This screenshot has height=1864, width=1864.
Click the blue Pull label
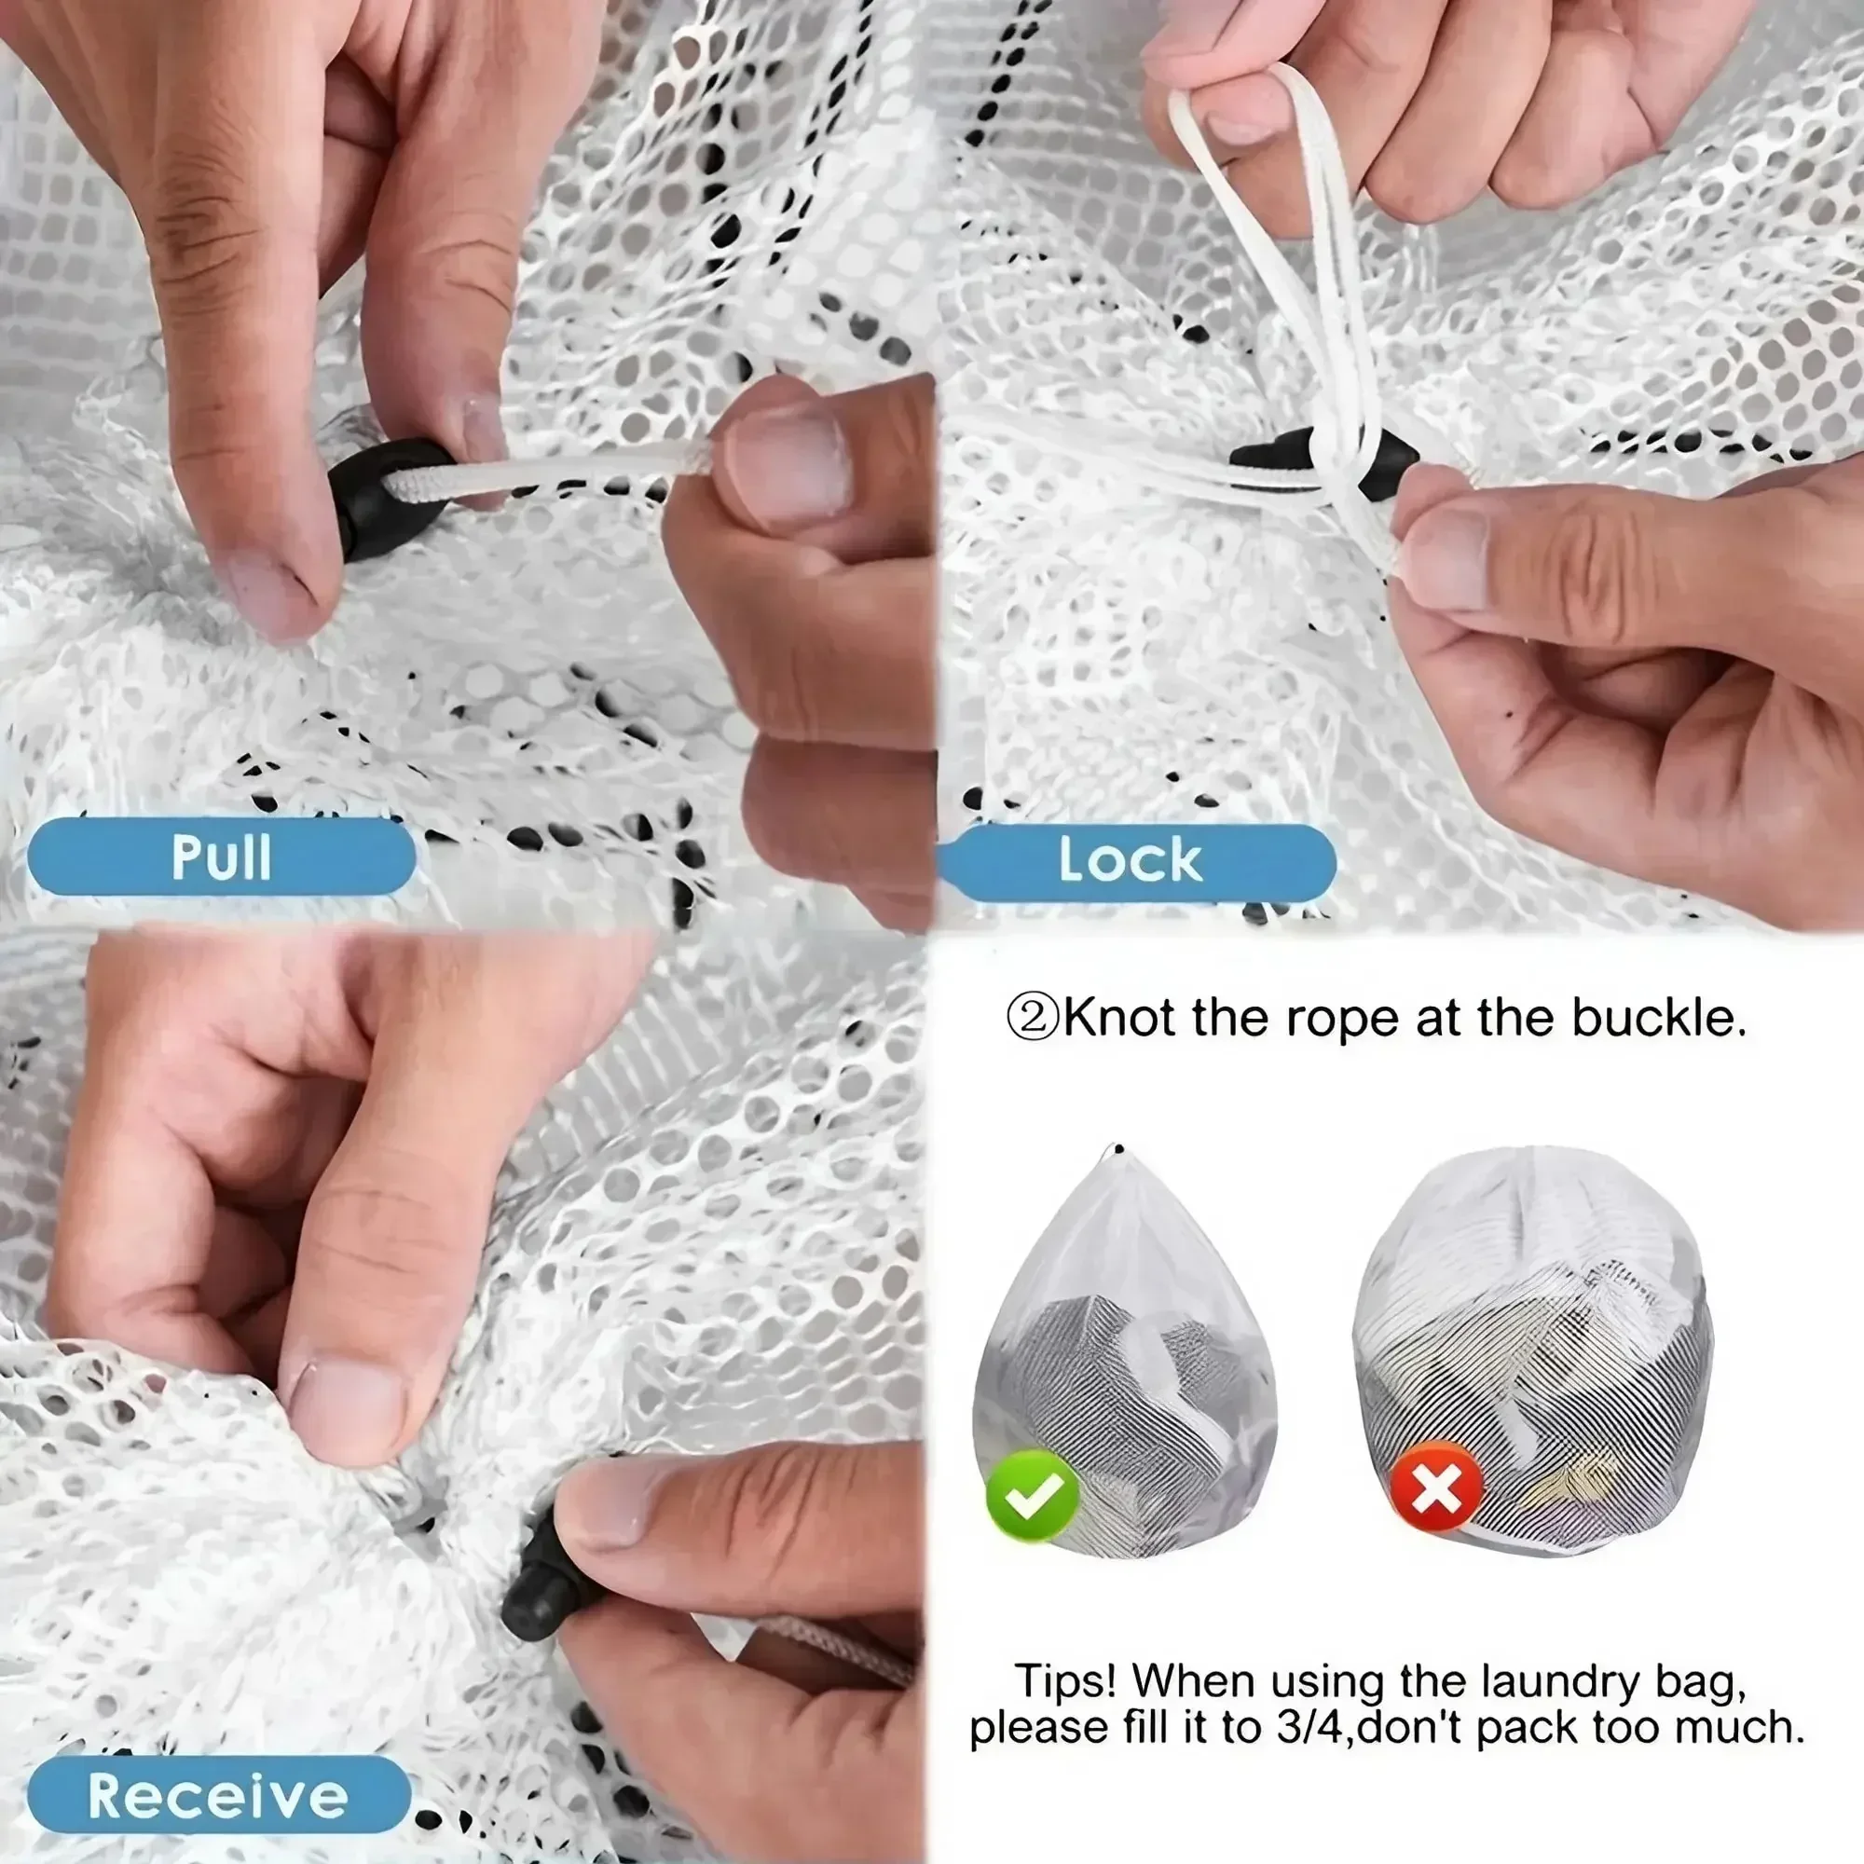[x=221, y=857]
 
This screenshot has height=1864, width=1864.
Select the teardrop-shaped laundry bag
[x=1123, y=1350]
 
